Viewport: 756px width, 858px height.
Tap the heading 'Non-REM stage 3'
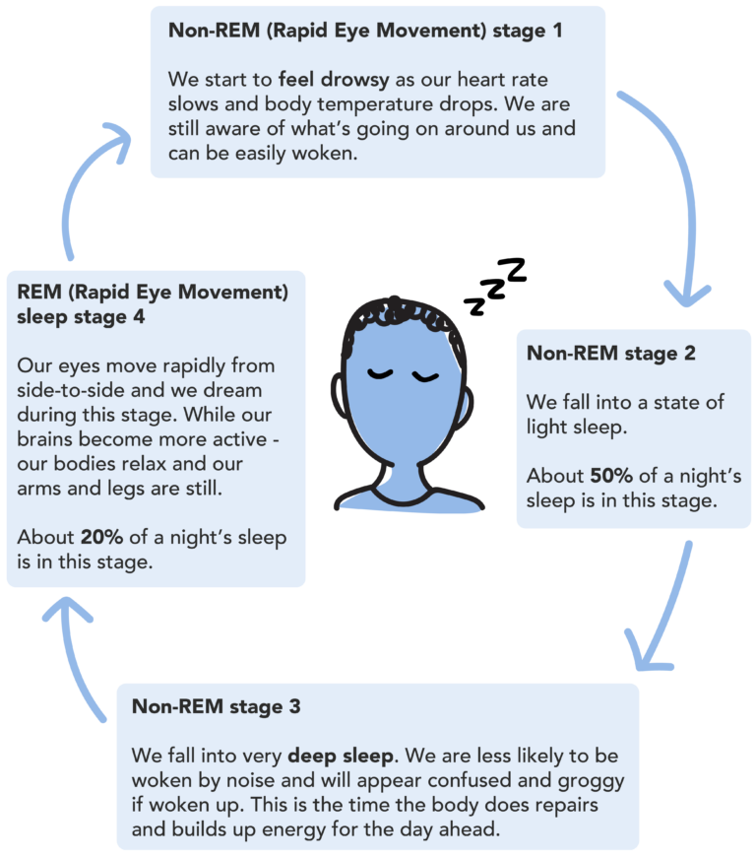216,706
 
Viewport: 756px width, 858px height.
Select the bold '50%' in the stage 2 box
611,476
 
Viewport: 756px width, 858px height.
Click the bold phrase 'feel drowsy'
337,80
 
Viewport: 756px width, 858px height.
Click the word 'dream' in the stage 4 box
235,389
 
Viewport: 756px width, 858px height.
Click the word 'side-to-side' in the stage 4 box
64,389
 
